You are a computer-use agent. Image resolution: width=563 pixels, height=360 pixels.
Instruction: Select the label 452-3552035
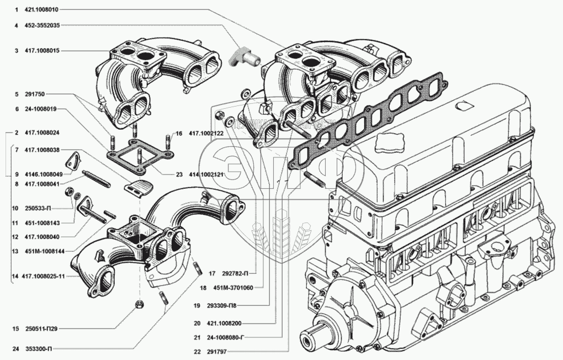[44, 25]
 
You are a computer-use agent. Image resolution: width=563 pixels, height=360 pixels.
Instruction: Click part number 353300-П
[38, 348]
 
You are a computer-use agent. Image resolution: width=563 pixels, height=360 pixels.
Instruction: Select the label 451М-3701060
[235, 288]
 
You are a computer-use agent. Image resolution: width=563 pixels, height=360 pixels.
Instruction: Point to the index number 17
[213, 273]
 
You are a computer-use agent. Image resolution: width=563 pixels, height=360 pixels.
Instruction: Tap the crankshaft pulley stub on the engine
[315, 335]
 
